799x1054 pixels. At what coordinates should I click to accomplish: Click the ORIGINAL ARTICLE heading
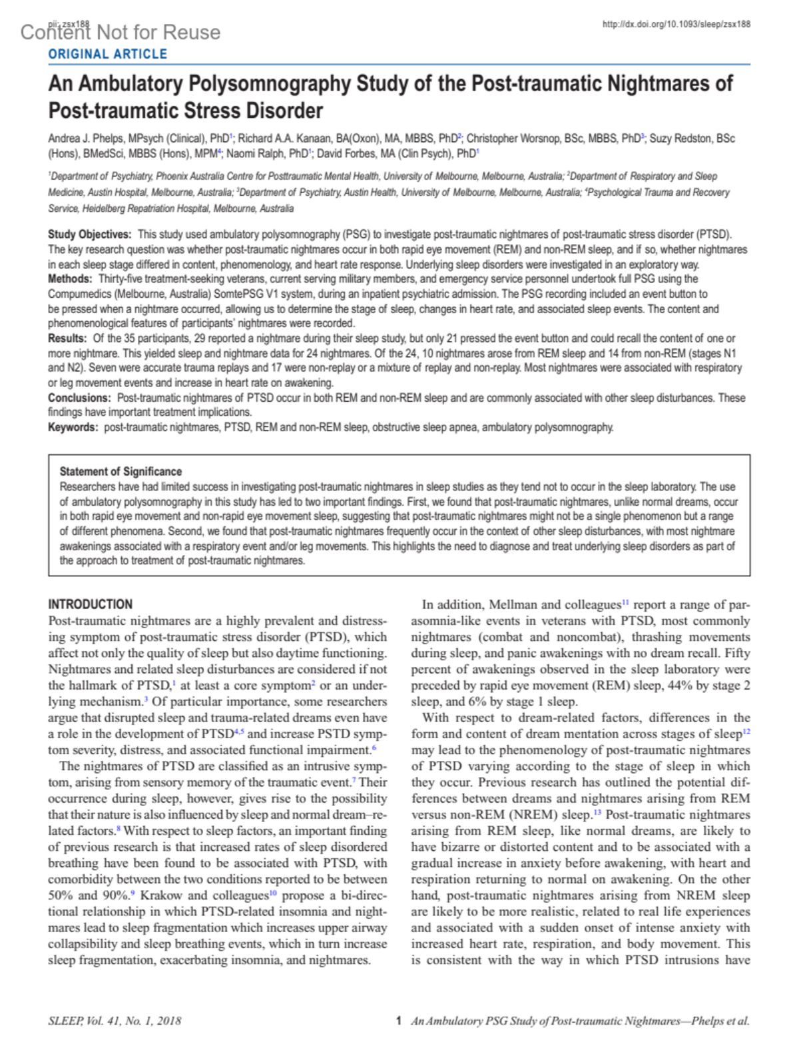(x=107, y=54)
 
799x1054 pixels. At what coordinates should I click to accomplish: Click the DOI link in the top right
(x=676, y=24)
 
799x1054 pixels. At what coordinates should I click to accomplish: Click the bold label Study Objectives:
(x=90, y=235)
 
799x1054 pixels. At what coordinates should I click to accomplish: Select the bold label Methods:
(x=70, y=279)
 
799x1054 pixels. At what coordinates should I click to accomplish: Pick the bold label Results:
(x=67, y=338)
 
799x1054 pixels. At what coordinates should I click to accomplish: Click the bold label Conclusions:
(x=80, y=398)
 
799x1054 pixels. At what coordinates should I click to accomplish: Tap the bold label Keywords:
(x=73, y=427)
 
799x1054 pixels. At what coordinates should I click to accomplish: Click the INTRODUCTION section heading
(x=90, y=604)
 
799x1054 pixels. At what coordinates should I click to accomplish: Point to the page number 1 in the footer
(x=398, y=1021)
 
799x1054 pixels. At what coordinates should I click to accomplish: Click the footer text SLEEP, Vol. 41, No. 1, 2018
(x=115, y=1021)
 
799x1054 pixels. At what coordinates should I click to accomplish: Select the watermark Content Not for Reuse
(x=121, y=32)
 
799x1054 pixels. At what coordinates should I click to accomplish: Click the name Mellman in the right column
(x=513, y=605)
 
